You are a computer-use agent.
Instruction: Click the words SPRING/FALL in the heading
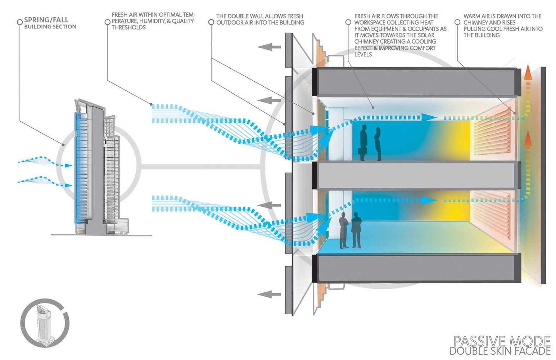click(x=46, y=20)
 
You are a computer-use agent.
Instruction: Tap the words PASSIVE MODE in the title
click(x=502, y=341)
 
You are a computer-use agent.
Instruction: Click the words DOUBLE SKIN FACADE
click(x=500, y=351)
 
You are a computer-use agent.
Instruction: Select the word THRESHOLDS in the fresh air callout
click(x=128, y=27)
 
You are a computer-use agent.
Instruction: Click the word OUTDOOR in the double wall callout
click(x=229, y=23)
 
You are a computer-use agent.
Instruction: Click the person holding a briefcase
click(x=363, y=143)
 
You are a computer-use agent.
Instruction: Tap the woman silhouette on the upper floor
click(x=378, y=144)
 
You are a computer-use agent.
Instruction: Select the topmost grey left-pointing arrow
click(x=269, y=47)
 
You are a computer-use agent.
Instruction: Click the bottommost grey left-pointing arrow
click(x=269, y=294)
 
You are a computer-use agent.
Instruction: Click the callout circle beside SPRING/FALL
click(x=20, y=22)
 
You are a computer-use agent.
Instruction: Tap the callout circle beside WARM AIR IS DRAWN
click(x=457, y=22)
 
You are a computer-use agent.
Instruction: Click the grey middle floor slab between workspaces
click(x=417, y=176)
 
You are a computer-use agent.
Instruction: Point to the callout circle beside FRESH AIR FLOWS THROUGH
click(x=348, y=22)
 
